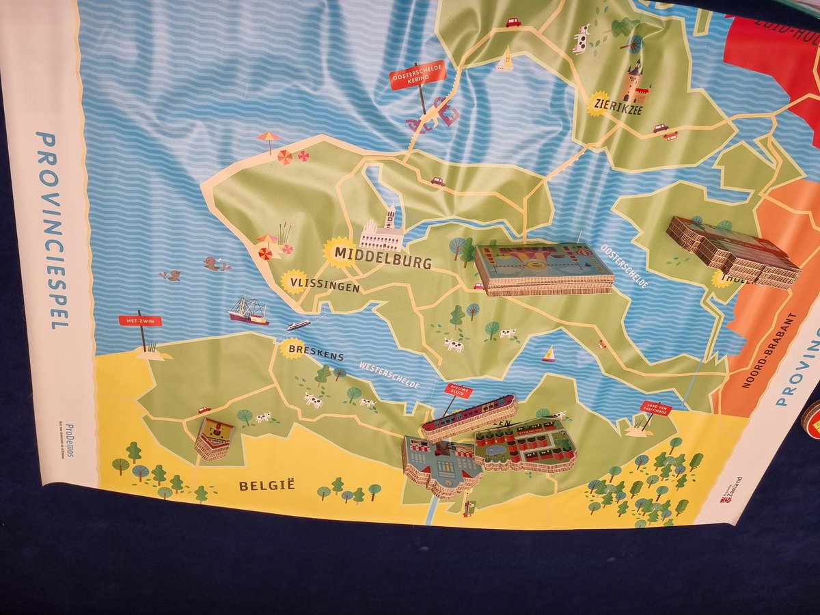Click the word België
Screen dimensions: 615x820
pyautogui.click(x=266, y=485)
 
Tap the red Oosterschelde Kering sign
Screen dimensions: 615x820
pyautogui.click(x=417, y=74)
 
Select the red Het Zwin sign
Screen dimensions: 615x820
pyautogui.click(x=139, y=320)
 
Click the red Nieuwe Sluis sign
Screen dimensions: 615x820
pyautogui.click(x=458, y=390)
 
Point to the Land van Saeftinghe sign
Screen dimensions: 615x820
pyautogui.click(x=655, y=408)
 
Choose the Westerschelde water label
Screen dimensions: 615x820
pyautogui.click(x=389, y=374)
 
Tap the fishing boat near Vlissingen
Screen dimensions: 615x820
pyautogui.click(x=248, y=311)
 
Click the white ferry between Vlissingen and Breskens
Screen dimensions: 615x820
pyautogui.click(x=298, y=325)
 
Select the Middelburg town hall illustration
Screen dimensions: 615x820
pyautogui.click(x=381, y=232)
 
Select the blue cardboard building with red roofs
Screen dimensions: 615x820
pyautogui.click(x=440, y=465)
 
